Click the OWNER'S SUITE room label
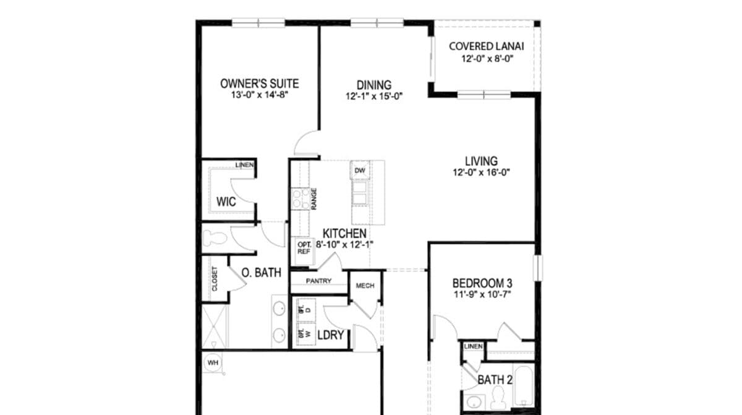click(x=260, y=83)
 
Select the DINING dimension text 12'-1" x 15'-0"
click(x=375, y=96)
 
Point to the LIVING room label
click(x=481, y=161)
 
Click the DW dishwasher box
click(x=360, y=170)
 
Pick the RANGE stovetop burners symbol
click(x=301, y=199)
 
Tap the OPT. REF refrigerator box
click(x=304, y=247)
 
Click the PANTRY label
click(x=318, y=281)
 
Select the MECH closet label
click(x=365, y=286)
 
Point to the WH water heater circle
click(x=213, y=362)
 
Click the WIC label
click(x=226, y=202)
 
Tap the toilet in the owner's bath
click(x=213, y=238)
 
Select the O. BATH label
click(x=262, y=272)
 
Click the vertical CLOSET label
click(x=215, y=279)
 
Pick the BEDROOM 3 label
click(x=482, y=283)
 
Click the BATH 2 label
click(x=495, y=380)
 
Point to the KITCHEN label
click(x=345, y=234)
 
